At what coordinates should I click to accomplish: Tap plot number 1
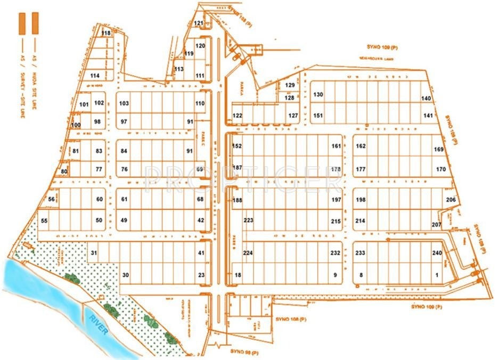pos(437,275)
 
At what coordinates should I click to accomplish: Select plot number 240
pos(437,252)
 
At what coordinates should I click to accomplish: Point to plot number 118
pos(106,33)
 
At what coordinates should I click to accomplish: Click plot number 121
pos(199,23)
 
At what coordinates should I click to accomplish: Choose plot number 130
pos(318,94)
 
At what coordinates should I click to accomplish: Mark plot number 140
pos(426,99)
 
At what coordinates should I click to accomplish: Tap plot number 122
pos(238,116)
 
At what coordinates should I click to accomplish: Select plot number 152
pos(238,146)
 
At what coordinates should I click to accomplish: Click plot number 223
pos(248,220)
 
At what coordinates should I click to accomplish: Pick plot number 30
pos(126,275)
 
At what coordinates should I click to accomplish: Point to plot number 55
pos(44,220)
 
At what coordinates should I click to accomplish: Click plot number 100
pos(76,125)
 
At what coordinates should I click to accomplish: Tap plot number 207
pos(436,225)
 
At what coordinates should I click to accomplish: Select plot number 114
pos(95,76)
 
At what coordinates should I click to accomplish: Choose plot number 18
pos(238,275)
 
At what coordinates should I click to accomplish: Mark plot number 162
pos(361,146)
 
